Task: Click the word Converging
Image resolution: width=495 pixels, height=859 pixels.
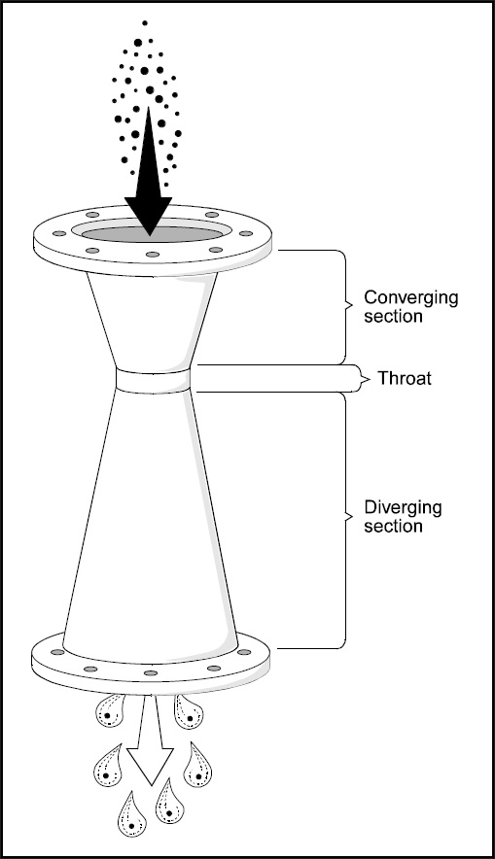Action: point(410,298)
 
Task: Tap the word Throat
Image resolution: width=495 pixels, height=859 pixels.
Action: point(404,378)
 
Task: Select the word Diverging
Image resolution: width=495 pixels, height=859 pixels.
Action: point(403,508)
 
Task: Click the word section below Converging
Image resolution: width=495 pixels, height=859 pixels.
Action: point(393,316)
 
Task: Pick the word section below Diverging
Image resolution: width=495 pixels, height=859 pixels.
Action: point(393,526)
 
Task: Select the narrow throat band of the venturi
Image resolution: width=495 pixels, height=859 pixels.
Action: point(154,381)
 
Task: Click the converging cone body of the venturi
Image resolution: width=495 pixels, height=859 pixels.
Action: point(152,321)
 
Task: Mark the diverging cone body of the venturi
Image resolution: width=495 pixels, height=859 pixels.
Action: point(151,521)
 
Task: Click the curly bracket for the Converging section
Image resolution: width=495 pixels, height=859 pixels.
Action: point(344,307)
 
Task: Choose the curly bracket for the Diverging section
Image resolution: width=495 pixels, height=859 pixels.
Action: point(344,518)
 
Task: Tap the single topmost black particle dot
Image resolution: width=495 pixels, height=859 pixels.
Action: point(145,23)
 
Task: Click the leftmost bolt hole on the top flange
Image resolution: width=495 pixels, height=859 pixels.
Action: point(59,233)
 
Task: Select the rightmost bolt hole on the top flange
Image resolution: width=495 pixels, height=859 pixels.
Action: point(246,233)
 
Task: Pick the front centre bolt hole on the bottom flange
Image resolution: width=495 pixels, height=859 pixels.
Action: point(150,672)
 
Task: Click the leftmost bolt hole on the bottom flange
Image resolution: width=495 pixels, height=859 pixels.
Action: point(57,652)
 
